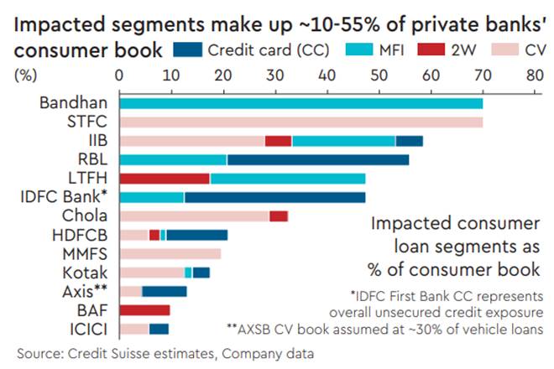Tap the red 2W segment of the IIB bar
(x=278, y=141)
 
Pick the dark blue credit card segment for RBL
(x=317, y=159)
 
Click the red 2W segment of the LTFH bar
(x=165, y=179)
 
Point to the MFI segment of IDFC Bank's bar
(x=152, y=197)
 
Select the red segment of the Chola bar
(x=279, y=216)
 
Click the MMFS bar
(x=170, y=253)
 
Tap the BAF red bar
(x=145, y=310)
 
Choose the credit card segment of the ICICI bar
(x=159, y=329)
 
